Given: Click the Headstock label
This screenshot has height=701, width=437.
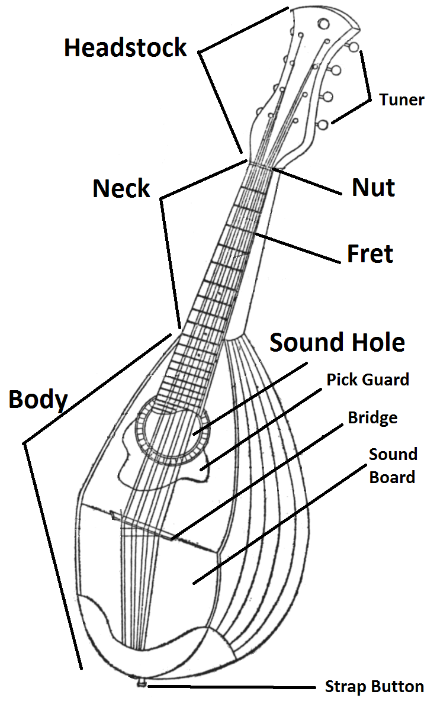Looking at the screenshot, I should [126, 48].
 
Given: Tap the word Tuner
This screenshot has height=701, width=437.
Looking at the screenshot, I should [402, 99].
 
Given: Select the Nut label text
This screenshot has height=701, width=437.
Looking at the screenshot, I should [374, 188].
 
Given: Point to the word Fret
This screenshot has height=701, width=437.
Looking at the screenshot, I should [370, 254].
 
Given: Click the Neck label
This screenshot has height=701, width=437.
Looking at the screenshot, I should [121, 189].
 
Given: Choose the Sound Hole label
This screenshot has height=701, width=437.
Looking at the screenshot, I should [338, 343].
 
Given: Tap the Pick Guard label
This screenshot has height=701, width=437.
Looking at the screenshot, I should [368, 380].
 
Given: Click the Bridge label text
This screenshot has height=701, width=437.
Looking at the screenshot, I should [372, 418].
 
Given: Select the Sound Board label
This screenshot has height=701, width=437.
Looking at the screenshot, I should [393, 465].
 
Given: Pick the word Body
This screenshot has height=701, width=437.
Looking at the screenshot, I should [38, 400].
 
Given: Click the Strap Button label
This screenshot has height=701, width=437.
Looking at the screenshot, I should [374, 687].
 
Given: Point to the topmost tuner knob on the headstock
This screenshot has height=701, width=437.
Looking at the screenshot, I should [353, 46].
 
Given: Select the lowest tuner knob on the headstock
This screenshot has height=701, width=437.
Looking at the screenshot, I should [323, 124].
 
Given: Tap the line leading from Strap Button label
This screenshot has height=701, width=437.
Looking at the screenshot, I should [231, 687].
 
